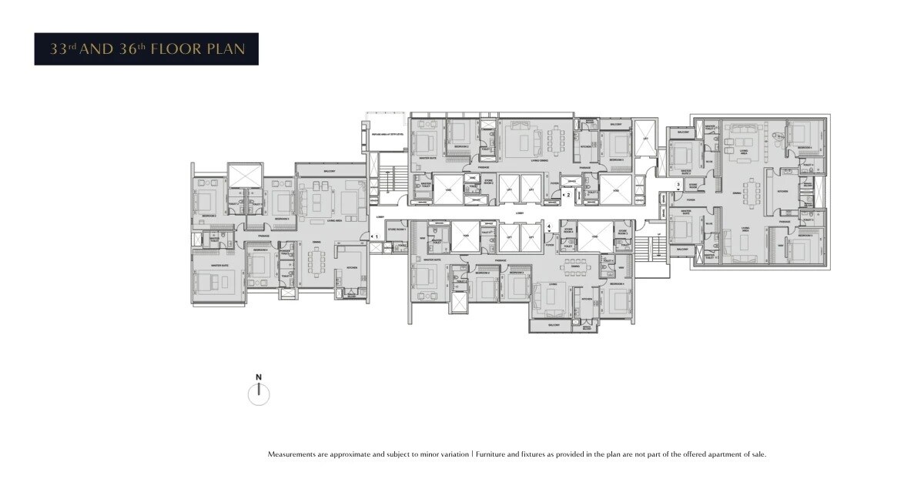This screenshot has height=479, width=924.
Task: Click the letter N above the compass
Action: pos(259,377)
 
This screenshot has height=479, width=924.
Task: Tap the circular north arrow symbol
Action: pos(259,394)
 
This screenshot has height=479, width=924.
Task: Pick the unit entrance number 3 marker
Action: pos(678,185)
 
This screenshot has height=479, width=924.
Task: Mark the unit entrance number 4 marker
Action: pos(548,227)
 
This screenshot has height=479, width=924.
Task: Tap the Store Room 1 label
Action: pos(396,229)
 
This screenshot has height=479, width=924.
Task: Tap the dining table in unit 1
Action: pos(317,264)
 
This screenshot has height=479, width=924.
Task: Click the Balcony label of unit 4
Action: pos(554,325)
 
